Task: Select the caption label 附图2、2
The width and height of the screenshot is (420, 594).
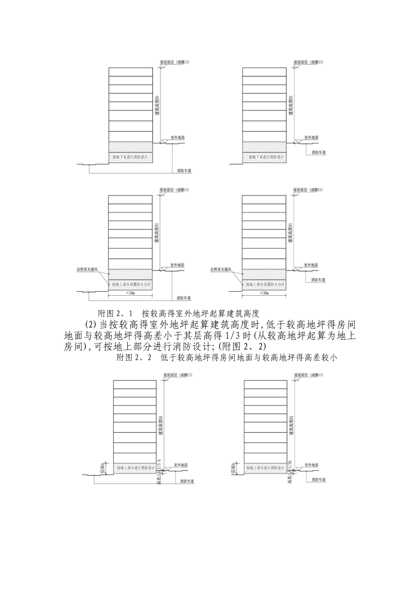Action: pos(134,358)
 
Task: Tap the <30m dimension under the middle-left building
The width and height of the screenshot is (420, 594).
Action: pos(130,293)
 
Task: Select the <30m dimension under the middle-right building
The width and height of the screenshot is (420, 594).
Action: pos(264,293)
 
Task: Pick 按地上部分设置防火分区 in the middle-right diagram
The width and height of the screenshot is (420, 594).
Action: pos(264,285)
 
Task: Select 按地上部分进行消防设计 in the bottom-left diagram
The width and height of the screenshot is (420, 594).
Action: pos(135,468)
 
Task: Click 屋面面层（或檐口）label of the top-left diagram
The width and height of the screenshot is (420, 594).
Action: pos(175,63)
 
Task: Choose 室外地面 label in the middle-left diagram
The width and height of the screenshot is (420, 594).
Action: pos(177,265)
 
